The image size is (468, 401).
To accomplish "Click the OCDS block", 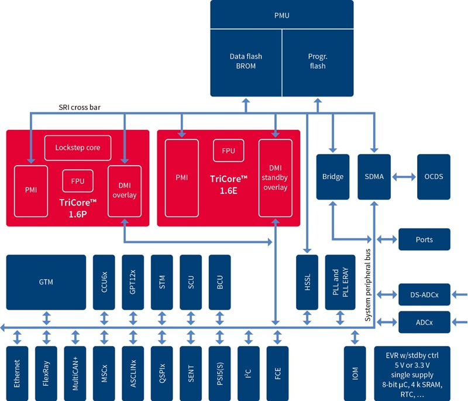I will pos(433,176).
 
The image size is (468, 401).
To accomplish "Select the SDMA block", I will pos(374,176).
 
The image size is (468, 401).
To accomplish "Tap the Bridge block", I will pos(332,176).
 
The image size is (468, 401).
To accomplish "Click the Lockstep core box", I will pos(77,148).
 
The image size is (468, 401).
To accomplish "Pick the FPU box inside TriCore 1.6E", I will pos(228,150).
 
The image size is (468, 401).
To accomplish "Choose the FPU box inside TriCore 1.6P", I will pos(78,180).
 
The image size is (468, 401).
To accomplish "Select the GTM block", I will pos(46,282).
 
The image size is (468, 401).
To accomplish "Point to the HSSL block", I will pos(307,282).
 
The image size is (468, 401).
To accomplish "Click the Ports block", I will pos(424,239).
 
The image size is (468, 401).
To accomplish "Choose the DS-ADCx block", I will pos(424,294).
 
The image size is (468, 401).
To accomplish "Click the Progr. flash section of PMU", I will pos(318,61).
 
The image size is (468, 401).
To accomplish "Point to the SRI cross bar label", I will pos(82,107).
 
